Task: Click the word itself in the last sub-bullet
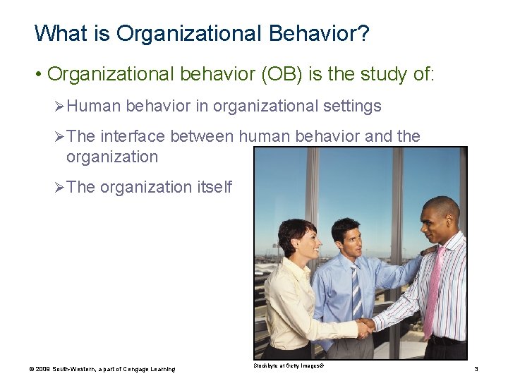click(214, 187)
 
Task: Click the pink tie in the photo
click(433, 289)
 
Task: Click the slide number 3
click(476, 369)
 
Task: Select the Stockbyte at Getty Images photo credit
click(289, 365)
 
